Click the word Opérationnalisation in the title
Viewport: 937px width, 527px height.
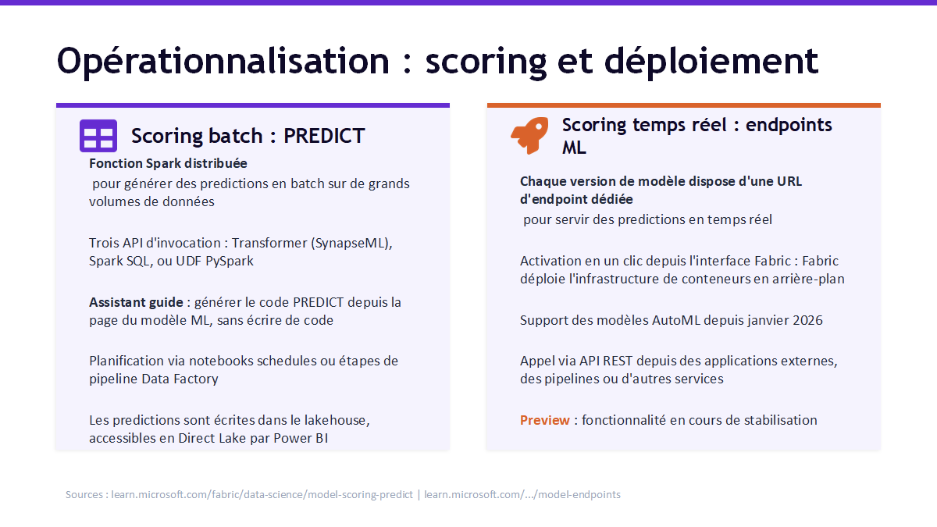[223, 62]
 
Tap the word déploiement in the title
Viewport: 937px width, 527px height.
[711, 62]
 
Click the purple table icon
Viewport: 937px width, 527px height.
[98, 136]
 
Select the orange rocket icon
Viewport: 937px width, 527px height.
[529, 136]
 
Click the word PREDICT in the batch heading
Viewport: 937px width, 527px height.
[324, 136]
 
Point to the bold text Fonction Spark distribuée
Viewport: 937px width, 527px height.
[168, 163]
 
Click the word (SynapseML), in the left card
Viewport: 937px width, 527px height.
[351, 243]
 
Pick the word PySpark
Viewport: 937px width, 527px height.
[230, 261]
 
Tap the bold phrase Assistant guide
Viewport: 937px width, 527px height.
[136, 302]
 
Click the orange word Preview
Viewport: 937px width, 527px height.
[545, 420]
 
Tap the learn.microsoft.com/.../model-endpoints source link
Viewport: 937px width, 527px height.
[522, 494]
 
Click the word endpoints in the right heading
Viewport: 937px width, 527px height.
[789, 125]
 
